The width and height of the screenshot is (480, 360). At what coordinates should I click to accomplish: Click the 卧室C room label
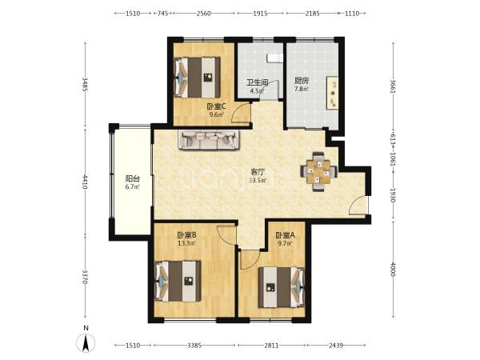[217, 106]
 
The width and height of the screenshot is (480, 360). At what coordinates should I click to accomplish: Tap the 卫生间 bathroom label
[258, 82]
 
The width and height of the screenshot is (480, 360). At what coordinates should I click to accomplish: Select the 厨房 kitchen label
[302, 81]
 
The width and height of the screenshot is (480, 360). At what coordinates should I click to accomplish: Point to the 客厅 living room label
[258, 172]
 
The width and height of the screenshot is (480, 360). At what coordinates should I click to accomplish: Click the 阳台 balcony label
[133, 178]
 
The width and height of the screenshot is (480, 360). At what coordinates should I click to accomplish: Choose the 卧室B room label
[186, 235]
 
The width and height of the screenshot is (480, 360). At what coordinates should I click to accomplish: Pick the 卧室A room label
[285, 235]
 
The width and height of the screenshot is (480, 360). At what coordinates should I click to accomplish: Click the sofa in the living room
[209, 140]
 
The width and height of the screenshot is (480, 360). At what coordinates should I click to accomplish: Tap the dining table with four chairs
[318, 172]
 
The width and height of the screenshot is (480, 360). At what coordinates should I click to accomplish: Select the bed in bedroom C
[197, 78]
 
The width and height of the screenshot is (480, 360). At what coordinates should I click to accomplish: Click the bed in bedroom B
[178, 281]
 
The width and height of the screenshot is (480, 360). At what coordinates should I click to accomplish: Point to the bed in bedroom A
[282, 287]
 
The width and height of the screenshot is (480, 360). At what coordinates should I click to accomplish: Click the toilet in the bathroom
[274, 58]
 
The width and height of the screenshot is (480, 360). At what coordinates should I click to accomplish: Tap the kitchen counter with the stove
[333, 93]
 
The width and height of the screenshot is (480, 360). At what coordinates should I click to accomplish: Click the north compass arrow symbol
[86, 343]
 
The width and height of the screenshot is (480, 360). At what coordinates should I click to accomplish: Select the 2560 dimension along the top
[203, 14]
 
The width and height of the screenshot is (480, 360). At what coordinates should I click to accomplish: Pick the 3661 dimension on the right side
[393, 86]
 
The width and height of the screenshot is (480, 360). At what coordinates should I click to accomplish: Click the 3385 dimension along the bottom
[194, 346]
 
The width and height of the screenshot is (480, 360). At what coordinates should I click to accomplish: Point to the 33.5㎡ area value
[258, 180]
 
